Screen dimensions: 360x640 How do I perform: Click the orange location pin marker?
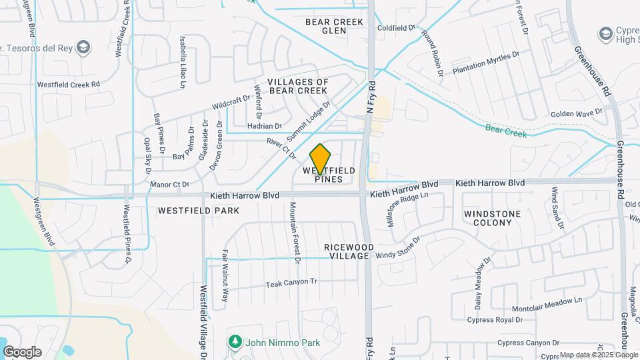[x=321, y=159]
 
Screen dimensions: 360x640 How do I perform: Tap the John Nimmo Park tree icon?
[x=235, y=342]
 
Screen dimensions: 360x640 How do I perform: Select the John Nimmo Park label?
[x=283, y=343]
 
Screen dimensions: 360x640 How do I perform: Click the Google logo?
[x=21, y=352]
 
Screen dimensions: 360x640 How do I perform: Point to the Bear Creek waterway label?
[x=505, y=130]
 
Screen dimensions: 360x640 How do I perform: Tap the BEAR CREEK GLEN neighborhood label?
[x=335, y=26]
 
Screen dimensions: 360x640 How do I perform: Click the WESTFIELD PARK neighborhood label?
[x=189, y=210]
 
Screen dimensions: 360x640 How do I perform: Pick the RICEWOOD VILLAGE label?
[x=347, y=251]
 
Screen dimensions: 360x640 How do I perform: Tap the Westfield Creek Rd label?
[x=68, y=85]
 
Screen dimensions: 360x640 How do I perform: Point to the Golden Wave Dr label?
[x=577, y=113]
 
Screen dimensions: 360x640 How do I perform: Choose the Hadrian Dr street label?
[x=265, y=125]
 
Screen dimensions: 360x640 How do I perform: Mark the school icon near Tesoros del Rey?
[x=83, y=47]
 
